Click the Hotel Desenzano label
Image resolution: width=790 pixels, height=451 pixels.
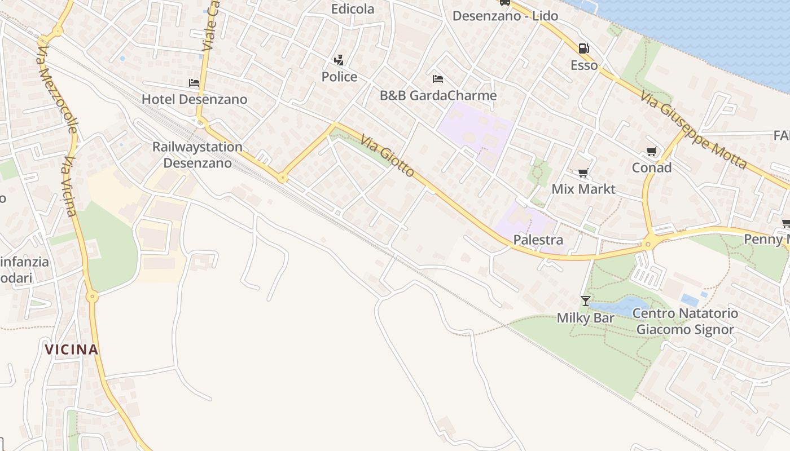click(x=194, y=99)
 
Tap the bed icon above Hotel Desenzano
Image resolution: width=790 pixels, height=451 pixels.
click(x=194, y=83)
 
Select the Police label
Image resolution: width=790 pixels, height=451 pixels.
click(x=339, y=77)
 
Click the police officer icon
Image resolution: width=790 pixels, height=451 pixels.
click(x=339, y=60)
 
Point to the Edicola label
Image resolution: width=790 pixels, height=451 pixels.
click(x=353, y=9)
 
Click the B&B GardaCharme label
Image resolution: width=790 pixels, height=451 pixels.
click(x=438, y=95)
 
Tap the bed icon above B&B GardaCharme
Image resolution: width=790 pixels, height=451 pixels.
click(x=438, y=78)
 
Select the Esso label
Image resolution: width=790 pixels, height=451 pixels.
click(x=584, y=65)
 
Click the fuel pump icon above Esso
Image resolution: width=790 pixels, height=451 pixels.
click(x=584, y=48)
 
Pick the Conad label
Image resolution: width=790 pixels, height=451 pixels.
click(x=652, y=167)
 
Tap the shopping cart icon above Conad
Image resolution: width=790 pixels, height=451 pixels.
click(x=652, y=151)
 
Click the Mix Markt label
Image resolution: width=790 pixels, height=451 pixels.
click(x=583, y=189)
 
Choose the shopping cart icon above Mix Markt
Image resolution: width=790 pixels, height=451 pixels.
click(x=583, y=173)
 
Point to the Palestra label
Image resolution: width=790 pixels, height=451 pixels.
click(x=538, y=240)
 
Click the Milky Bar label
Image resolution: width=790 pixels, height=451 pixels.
click(x=585, y=318)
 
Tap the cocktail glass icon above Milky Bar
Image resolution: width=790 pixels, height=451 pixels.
click(x=586, y=301)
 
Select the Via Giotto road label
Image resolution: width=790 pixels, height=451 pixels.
click(x=388, y=155)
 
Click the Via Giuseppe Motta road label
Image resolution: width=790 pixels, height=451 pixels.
click(x=694, y=130)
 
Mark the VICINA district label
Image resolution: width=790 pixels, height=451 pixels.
click(x=72, y=350)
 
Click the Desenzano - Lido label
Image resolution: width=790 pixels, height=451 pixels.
click(x=505, y=16)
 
